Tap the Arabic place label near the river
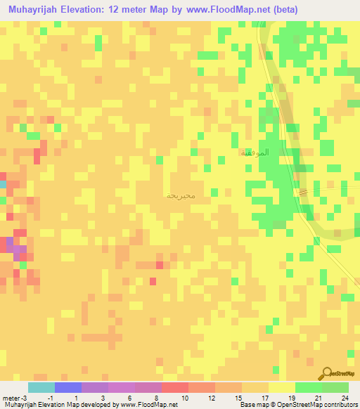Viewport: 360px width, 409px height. pos(255,152)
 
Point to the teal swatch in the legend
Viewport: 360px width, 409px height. pos(41,387)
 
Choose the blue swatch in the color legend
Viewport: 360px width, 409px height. pos(67,387)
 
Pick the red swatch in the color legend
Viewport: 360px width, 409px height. pos(174,387)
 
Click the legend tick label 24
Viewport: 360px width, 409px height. pos(345,397)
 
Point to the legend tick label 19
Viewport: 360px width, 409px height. pos(290,397)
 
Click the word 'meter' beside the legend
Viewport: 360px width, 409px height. pos(11,397)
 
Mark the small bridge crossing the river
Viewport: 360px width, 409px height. pos(302,192)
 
